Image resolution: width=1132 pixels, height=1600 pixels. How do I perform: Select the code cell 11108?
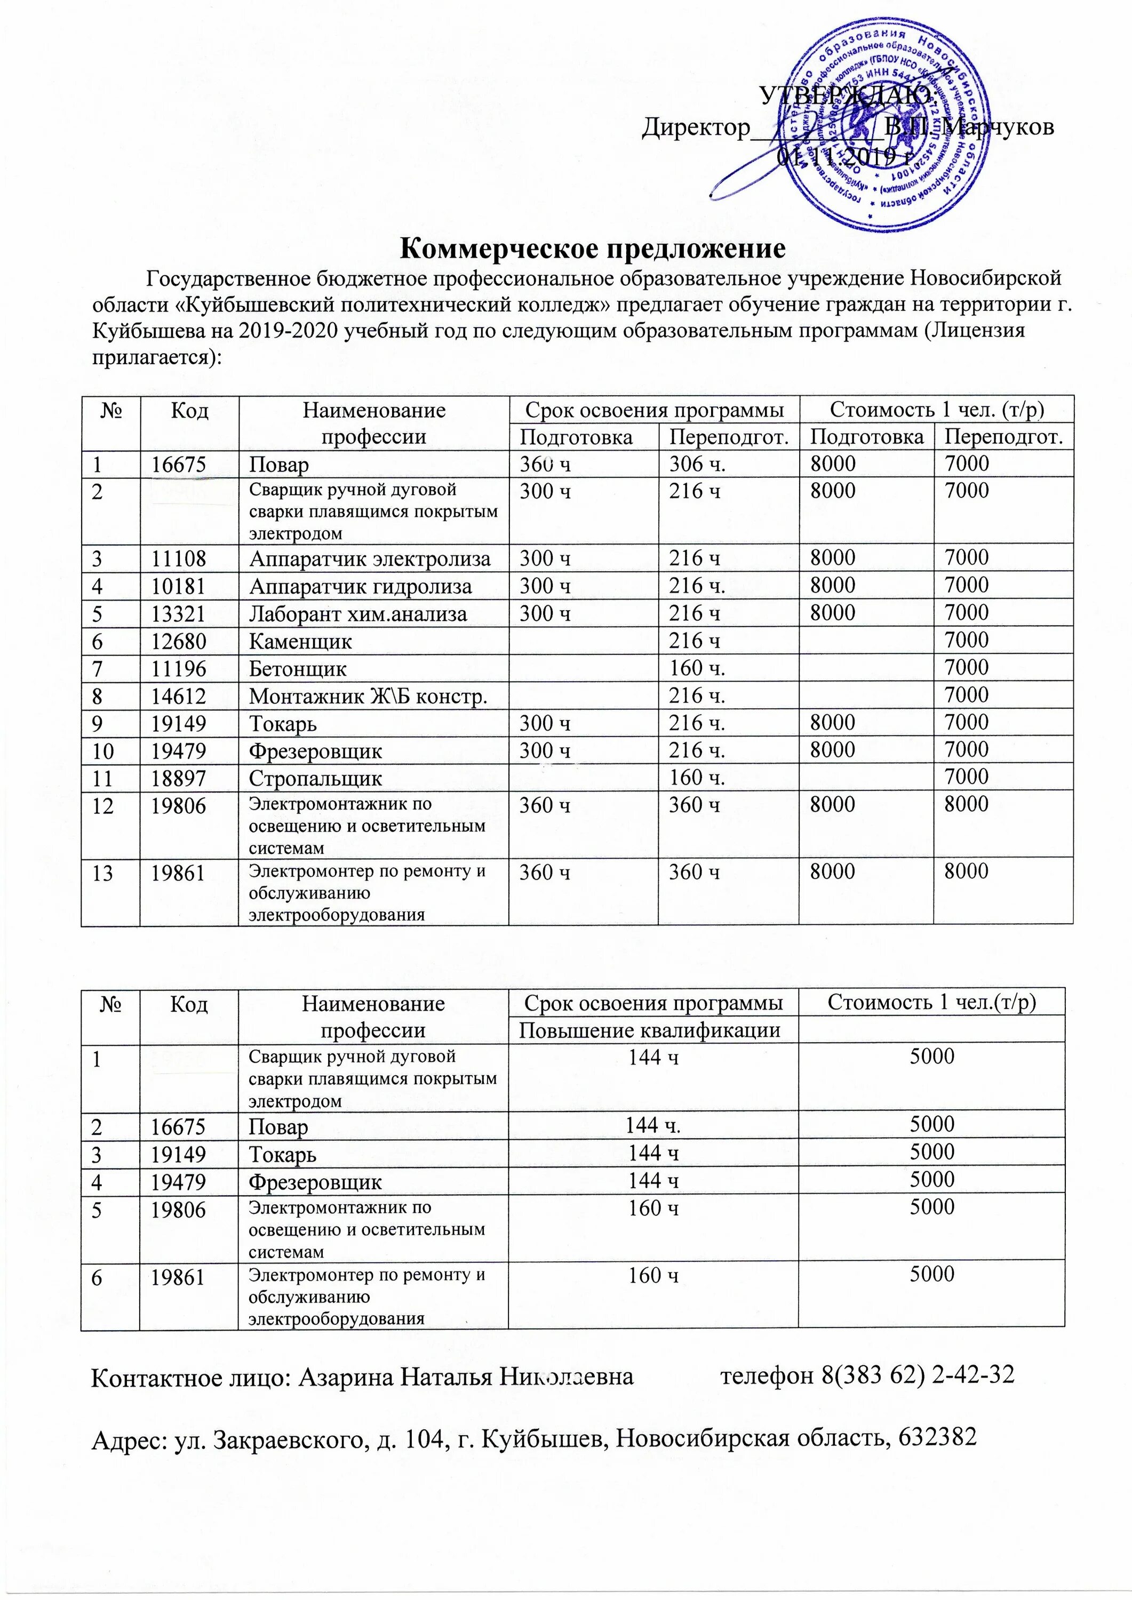click(x=179, y=558)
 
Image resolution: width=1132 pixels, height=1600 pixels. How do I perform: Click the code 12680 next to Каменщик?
click(x=179, y=641)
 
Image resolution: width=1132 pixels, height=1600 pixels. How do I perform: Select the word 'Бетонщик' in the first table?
click(x=298, y=668)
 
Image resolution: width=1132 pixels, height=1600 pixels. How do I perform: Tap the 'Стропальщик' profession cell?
click(x=315, y=778)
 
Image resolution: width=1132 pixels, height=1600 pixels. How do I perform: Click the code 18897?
click(x=179, y=778)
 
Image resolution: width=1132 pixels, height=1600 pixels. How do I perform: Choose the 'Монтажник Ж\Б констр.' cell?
click(x=368, y=695)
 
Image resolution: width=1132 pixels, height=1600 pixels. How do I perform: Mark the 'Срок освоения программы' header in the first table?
click(x=653, y=409)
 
